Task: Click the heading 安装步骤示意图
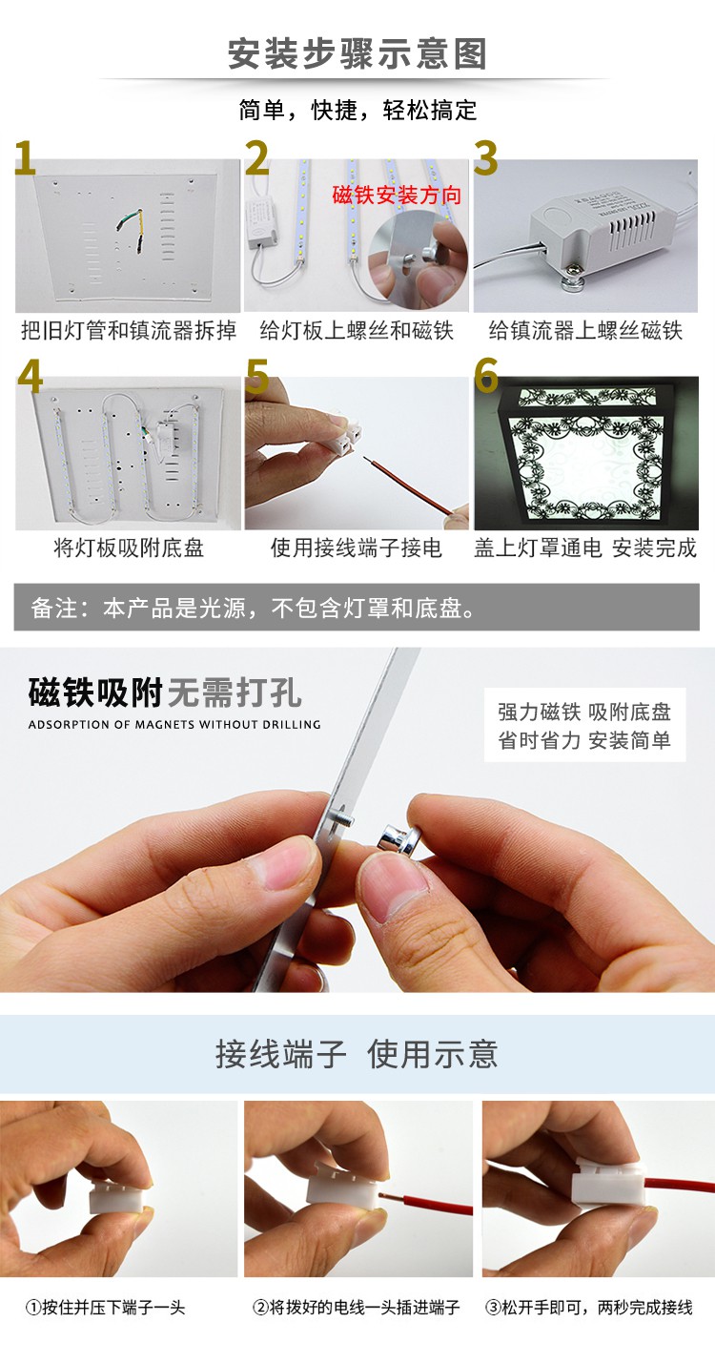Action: (x=357, y=53)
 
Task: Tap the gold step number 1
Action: (x=25, y=159)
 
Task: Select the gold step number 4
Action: (x=31, y=376)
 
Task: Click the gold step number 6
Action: (x=486, y=376)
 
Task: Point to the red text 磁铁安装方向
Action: (x=397, y=196)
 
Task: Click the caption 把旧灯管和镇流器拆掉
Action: (x=129, y=331)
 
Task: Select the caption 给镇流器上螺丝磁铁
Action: (x=585, y=331)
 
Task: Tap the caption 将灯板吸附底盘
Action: (x=129, y=548)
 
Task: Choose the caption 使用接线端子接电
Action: (x=357, y=548)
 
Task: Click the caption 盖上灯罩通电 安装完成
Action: (x=585, y=548)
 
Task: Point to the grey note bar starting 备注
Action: (x=357, y=608)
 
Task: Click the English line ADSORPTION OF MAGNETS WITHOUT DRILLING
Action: (x=174, y=725)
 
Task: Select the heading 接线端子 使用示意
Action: (x=357, y=1054)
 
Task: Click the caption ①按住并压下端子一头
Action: (x=105, y=1307)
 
